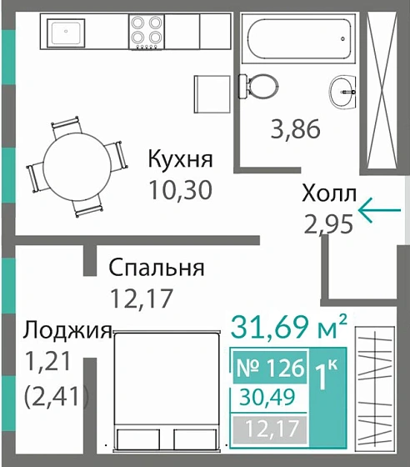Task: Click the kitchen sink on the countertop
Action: click(x=65, y=33)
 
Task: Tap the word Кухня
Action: click(x=181, y=158)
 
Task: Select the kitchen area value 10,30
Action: click(x=181, y=189)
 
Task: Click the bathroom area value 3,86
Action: click(x=297, y=130)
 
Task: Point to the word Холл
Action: click(x=328, y=194)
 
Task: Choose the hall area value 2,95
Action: click(x=329, y=223)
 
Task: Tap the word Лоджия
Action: click(x=67, y=330)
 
